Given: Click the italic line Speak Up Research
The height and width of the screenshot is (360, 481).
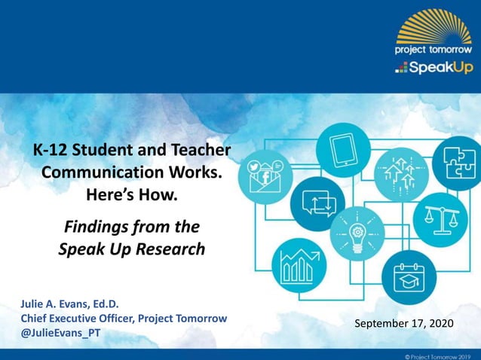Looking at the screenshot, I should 132,249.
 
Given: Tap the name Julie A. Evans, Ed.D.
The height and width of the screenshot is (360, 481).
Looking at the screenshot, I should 69,305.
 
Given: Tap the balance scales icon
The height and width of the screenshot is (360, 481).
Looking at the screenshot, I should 440,216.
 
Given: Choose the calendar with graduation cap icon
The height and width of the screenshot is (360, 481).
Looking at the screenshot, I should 410,276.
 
